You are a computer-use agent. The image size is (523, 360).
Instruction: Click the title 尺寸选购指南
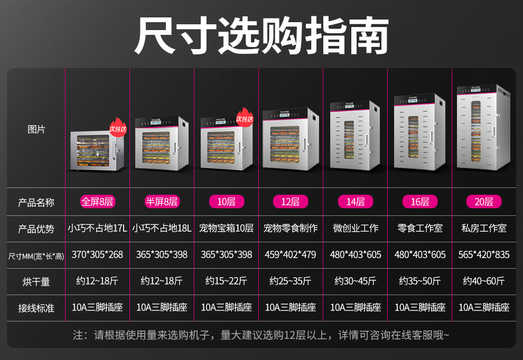click(x=261, y=35)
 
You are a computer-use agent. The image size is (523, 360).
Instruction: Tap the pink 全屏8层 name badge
click(x=97, y=202)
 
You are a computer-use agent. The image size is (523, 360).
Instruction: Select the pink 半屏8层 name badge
click(x=162, y=202)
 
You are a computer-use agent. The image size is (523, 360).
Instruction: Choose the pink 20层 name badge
click(x=484, y=202)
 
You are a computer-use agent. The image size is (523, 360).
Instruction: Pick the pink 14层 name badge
click(x=355, y=202)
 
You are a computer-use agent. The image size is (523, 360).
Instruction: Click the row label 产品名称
click(x=36, y=202)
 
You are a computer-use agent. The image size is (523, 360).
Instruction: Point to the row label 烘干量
click(x=36, y=281)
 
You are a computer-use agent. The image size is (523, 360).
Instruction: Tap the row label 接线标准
click(x=36, y=308)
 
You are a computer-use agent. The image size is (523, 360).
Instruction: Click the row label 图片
click(x=36, y=129)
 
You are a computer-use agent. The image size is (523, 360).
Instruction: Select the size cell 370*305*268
click(x=97, y=254)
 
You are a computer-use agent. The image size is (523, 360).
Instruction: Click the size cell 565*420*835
click(x=484, y=254)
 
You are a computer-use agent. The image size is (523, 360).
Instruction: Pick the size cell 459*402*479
click(x=291, y=254)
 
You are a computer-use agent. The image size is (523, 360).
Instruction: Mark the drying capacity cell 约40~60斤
click(x=484, y=281)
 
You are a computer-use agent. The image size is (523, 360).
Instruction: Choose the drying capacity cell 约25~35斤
click(x=291, y=281)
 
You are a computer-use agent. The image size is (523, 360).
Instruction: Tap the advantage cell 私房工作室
click(x=484, y=228)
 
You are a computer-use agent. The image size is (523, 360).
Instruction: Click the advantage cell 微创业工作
click(x=355, y=228)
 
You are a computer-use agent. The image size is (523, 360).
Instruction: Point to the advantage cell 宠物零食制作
click(x=291, y=228)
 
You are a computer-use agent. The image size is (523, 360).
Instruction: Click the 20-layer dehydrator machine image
click(x=484, y=128)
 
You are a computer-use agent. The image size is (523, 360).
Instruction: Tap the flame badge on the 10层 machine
click(x=245, y=117)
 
